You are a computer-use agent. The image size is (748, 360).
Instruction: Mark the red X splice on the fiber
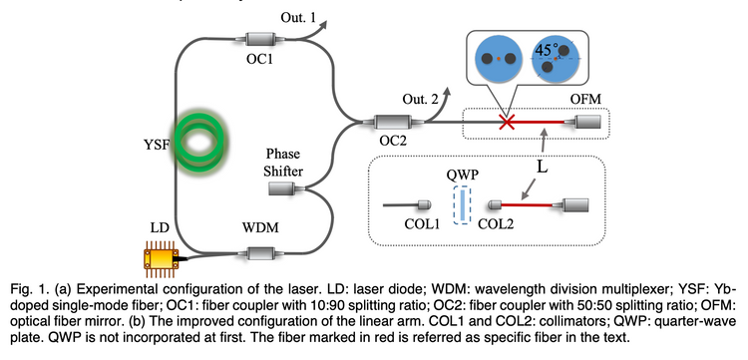(x=507, y=123)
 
